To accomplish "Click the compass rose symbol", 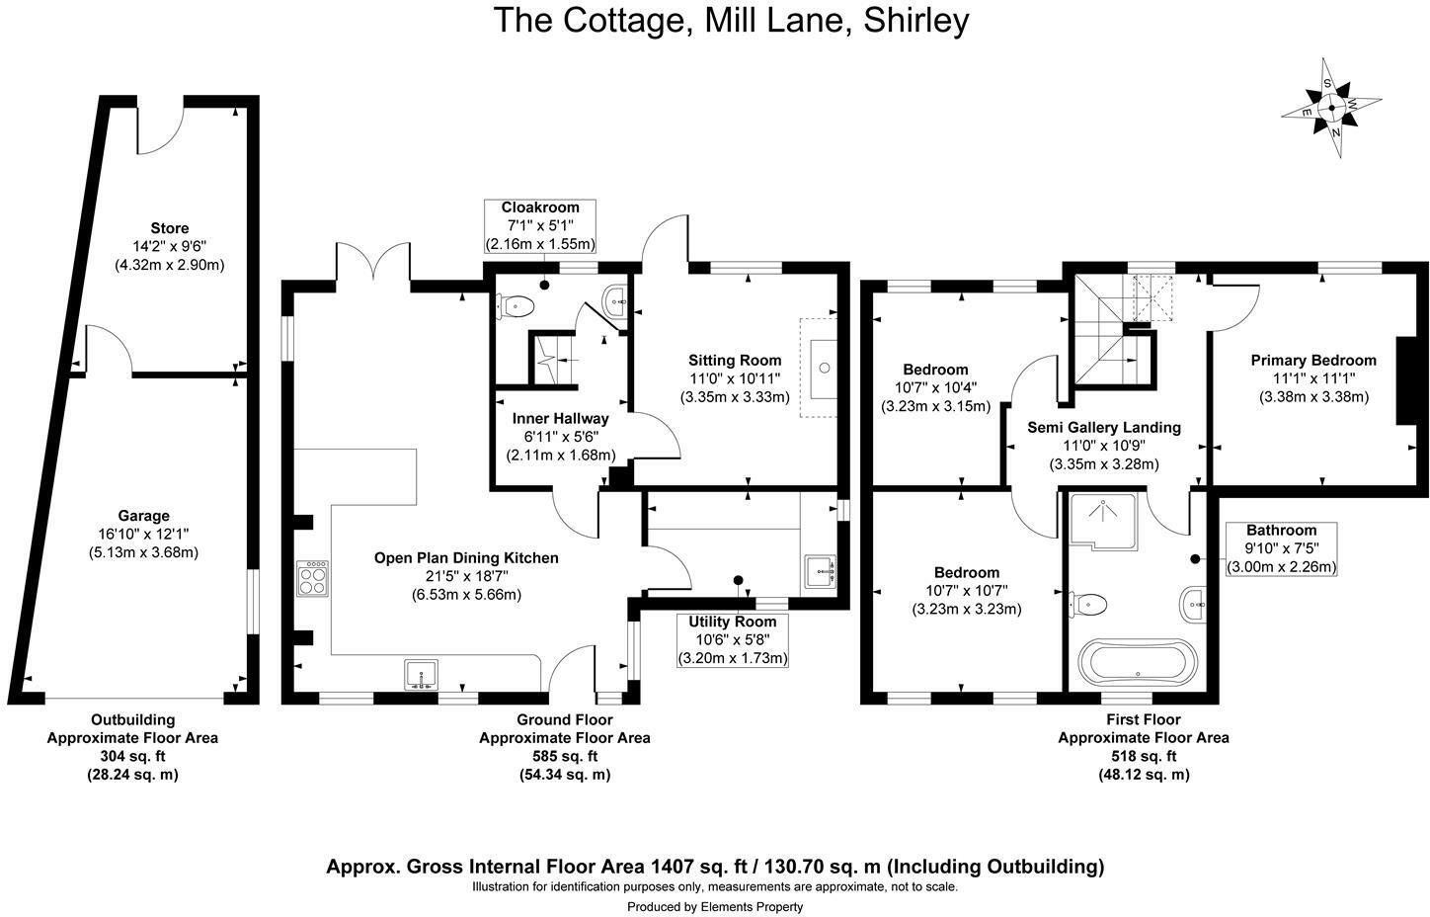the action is click(1332, 107).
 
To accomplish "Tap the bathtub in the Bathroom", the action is click(1138, 661).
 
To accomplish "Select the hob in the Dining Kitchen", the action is click(312, 578).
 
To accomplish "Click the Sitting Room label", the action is click(735, 361).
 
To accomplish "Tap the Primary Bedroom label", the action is click(1313, 361).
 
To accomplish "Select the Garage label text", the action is click(143, 516).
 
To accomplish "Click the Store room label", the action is click(169, 228).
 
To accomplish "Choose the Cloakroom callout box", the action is click(540, 225).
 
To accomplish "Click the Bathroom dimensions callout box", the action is click(1281, 548).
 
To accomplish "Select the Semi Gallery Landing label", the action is click(1104, 428).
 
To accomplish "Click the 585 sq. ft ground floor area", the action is click(565, 756).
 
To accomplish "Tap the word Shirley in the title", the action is click(916, 20).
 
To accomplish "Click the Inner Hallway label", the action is click(560, 419).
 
